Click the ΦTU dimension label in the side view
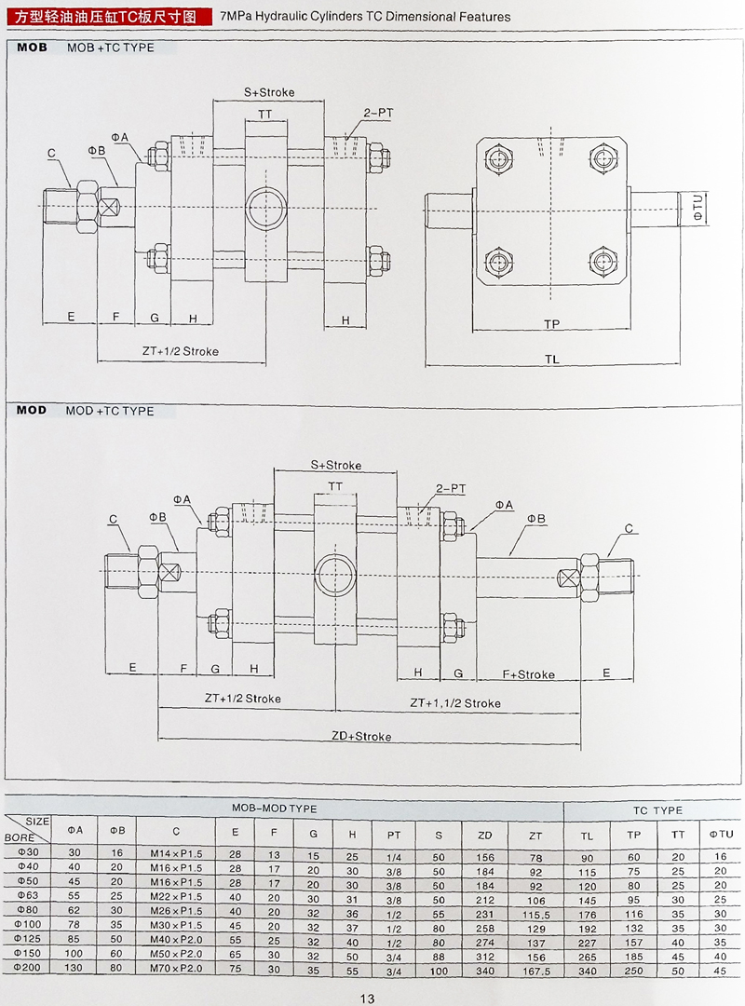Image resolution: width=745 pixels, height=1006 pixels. [x=696, y=205]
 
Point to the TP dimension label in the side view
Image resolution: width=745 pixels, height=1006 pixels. [x=552, y=323]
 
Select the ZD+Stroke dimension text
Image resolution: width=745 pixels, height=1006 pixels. [x=361, y=736]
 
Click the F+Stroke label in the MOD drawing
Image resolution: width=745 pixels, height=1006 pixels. [x=528, y=674]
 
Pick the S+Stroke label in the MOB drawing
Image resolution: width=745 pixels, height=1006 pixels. [x=269, y=92]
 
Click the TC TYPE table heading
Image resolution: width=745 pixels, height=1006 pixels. [x=657, y=810]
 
